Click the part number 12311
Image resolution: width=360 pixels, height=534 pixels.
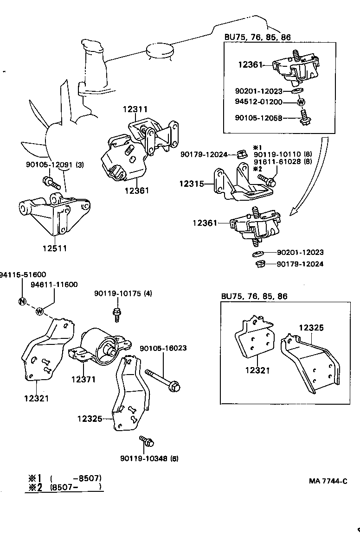tap(135, 109)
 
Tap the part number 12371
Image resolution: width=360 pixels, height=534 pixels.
tap(83, 379)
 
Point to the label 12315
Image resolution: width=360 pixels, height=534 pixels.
tap(191, 184)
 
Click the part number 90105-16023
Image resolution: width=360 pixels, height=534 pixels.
tap(163, 348)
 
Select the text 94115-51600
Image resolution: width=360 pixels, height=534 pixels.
tap(23, 274)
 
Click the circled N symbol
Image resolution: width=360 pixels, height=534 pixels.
tap(22, 301)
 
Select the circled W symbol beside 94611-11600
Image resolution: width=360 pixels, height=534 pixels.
tap(39, 311)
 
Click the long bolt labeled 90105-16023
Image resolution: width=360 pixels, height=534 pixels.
tap(162, 378)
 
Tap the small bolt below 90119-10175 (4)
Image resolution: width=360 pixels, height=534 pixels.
tap(117, 314)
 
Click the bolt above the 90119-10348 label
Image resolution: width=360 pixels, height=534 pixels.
tap(147, 441)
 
